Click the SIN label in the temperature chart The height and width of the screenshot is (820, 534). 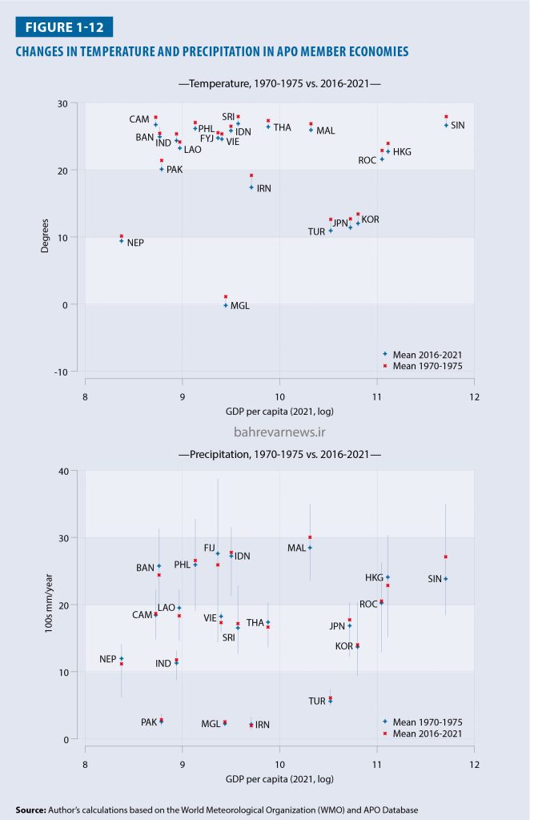tap(458, 125)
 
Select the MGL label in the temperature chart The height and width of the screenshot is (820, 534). tap(240, 306)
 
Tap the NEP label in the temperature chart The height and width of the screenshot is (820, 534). tap(135, 242)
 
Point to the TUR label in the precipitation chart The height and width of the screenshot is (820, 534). tap(317, 701)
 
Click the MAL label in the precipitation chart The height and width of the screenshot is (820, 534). tap(296, 549)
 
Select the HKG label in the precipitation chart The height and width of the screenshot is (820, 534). tap(374, 577)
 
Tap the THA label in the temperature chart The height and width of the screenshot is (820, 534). tap(282, 127)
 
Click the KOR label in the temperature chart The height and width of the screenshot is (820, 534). tap(370, 219)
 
